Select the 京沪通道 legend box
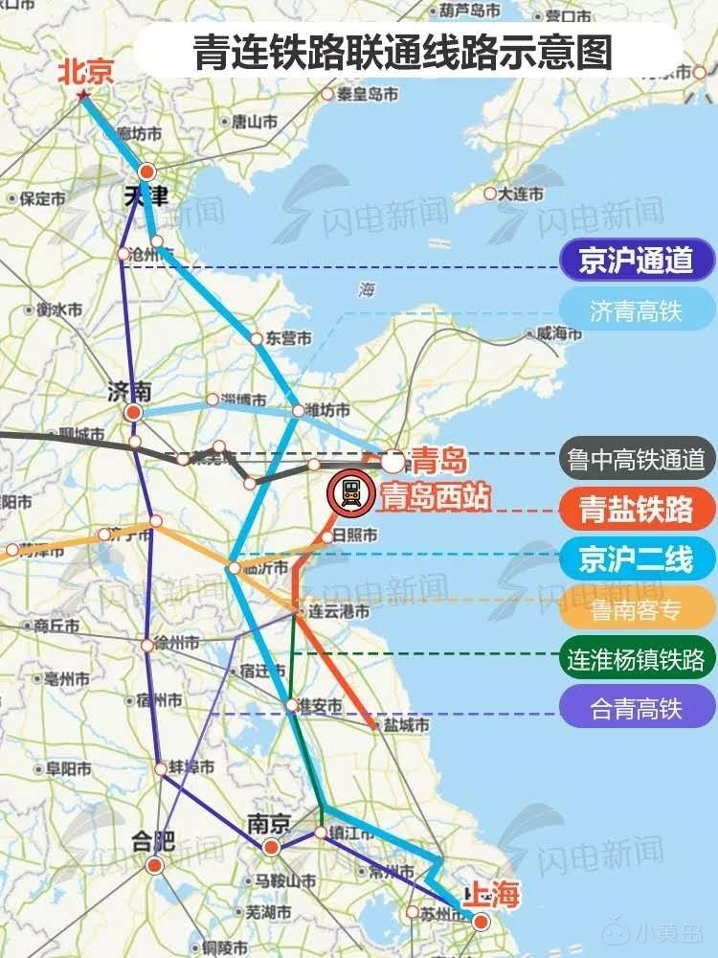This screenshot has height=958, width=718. tap(637, 261)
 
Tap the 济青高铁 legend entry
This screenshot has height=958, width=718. tap(637, 312)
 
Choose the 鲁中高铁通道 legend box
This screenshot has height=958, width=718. tap(637, 461)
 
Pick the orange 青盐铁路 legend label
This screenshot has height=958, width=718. tap(637, 510)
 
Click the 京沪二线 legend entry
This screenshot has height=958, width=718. tap(637, 559)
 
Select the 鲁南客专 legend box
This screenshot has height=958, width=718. tap(637, 608)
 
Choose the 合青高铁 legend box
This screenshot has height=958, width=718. tap(637, 709)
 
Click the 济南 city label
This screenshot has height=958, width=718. tap(129, 391)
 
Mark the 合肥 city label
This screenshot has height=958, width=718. tap(153, 842)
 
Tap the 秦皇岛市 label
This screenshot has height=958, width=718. tap(366, 93)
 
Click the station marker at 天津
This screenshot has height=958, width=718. tap(146, 172)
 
